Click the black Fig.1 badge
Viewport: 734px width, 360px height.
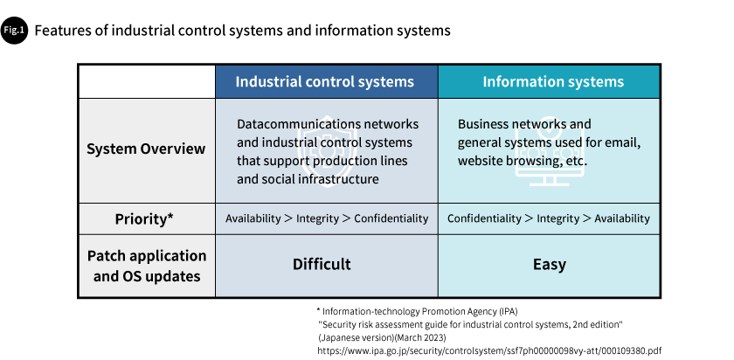pyautogui.click(x=14, y=31)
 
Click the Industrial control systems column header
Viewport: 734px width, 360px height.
pyautogui.click(x=325, y=81)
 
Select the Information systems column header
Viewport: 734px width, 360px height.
pyautogui.click(x=553, y=81)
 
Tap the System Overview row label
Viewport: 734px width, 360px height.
pyautogui.click(x=146, y=149)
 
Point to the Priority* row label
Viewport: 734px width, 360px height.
pyautogui.click(x=144, y=218)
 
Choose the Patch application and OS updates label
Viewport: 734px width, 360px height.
pyautogui.click(x=147, y=266)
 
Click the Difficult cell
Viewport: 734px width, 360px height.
pyautogui.click(x=322, y=264)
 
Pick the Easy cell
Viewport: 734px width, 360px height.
pyautogui.click(x=550, y=264)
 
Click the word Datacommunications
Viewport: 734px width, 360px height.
pyautogui.click(x=298, y=124)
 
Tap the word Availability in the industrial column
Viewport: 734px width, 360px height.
pyautogui.click(x=253, y=218)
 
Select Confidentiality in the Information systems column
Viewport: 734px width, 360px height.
pyautogui.click(x=484, y=218)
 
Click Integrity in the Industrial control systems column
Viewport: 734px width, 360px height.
pyautogui.click(x=317, y=218)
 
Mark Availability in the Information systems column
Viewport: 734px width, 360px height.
pyautogui.click(x=622, y=218)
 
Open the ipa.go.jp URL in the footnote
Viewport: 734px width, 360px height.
pyautogui.click(x=489, y=350)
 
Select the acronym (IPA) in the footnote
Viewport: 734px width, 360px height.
pyautogui.click(x=509, y=311)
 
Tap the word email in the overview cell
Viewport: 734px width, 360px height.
pyautogui.click(x=625, y=142)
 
